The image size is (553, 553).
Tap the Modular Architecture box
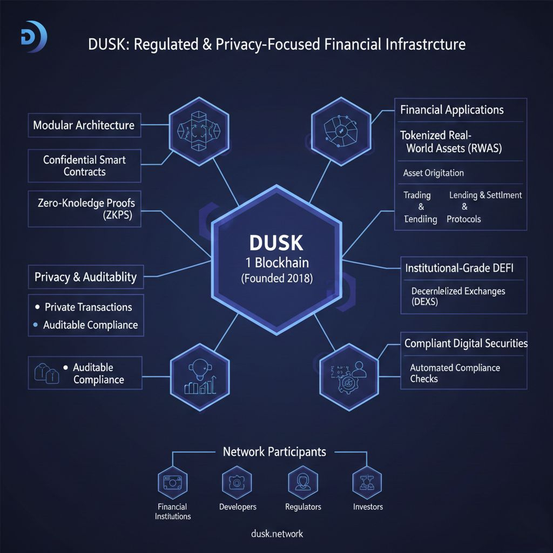coord(84,125)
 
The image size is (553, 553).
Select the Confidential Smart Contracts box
coord(85,166)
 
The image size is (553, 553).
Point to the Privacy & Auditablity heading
coord(86,278)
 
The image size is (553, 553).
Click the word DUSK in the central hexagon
coord(276,243)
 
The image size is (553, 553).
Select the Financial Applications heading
coord(452,110)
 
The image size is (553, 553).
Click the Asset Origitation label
coord(434,173)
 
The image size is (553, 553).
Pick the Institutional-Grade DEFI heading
coord(459,268)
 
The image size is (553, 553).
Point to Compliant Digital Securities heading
coord(466,343)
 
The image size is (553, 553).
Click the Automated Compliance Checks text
coord(455,373)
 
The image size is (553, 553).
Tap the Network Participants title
coord(274,451)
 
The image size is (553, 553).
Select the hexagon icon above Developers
coord(237,481)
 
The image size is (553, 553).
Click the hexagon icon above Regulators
coord(302,481)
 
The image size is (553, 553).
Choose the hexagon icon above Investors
coord(368,481)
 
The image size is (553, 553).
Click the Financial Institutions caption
coord(173,511)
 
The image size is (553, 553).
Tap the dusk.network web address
coord(277,534)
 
